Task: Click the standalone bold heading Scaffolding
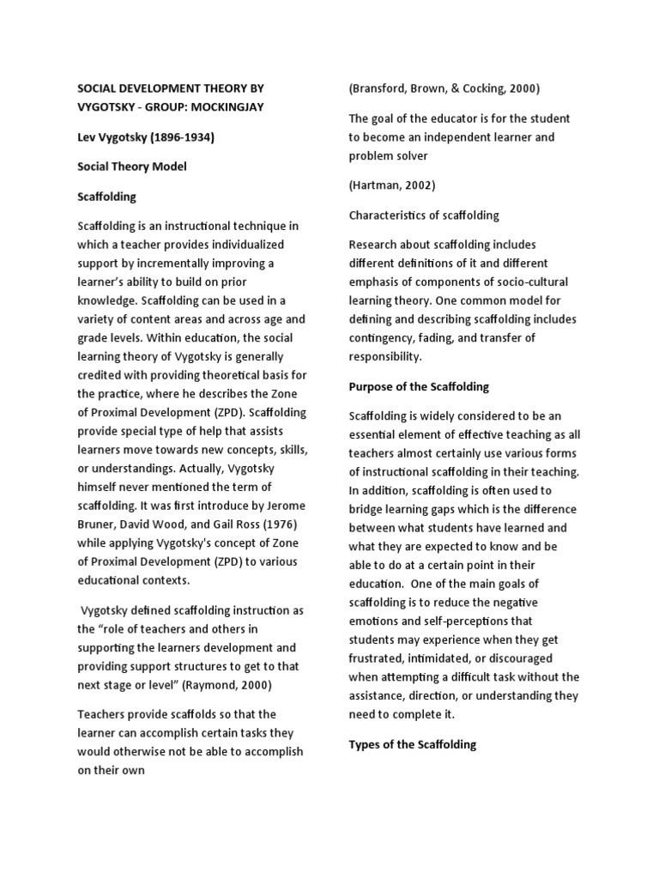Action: (x=107, y=197)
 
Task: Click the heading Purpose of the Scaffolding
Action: (x=419, y=386)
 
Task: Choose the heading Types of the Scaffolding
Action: (x=412, y=744)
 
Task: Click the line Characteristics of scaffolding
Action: (x=424, y=215)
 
